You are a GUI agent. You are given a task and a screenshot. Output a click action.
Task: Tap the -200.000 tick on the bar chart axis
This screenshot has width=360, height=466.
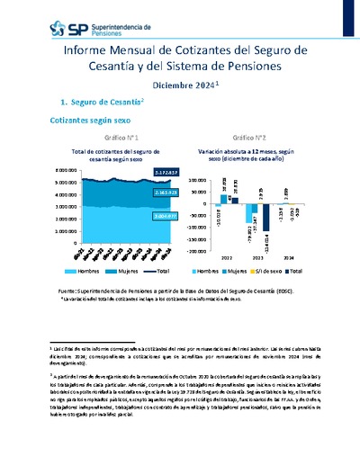pos(198,252)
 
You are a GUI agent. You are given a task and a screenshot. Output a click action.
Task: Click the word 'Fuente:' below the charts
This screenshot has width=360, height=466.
pos(67,291)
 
